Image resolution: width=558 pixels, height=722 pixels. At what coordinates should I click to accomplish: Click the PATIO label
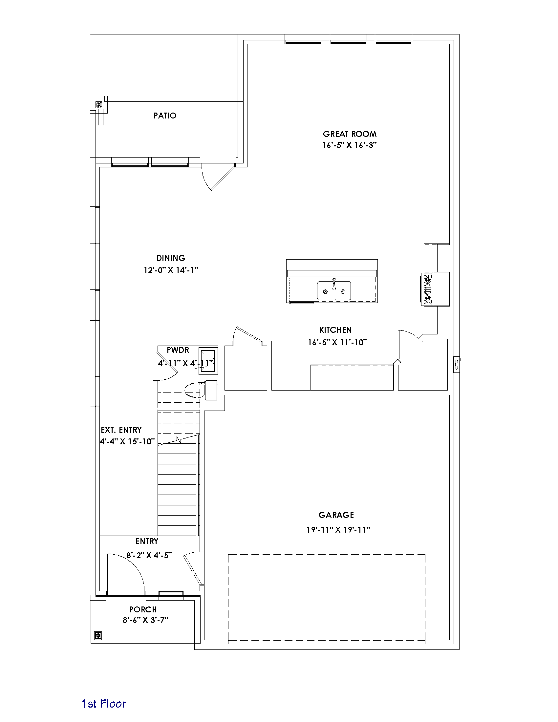click(x=165, y=116)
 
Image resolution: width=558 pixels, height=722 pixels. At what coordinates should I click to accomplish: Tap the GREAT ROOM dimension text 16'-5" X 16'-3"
click(x=350, y=145)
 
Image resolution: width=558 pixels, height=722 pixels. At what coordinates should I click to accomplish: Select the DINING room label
click(x=171, y=258)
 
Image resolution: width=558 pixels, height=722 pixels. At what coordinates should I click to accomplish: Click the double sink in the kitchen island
click(x=334, y=290)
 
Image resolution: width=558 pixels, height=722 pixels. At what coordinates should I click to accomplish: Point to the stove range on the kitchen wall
click(x=426, y=289)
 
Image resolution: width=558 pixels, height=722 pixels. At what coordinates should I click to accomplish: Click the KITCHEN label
click(x=335, y=329)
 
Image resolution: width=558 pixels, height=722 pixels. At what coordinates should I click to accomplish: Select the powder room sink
click(x=208, y=361)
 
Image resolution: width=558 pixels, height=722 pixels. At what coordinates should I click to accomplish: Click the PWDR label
click(x=178, y=350)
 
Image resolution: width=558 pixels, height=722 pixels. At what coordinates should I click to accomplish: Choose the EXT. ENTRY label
click(x=121, y=430)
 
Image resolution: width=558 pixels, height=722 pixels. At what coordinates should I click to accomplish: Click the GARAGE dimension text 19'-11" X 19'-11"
click(x=338, y=530)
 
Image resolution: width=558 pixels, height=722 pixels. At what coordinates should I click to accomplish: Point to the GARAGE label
click(x=336, y=515)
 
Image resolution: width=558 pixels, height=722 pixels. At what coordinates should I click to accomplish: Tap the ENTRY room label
click(x=147, y=541)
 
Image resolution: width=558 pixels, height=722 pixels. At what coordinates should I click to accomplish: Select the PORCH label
click(x=143, y=609)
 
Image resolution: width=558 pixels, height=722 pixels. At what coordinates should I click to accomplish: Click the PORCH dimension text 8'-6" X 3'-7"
click(x=145, y=620)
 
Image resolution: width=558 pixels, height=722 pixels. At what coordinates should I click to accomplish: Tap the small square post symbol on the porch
click(x=98, y=635)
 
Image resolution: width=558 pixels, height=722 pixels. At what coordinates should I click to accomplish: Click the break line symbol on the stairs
click(x=179, y=440)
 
